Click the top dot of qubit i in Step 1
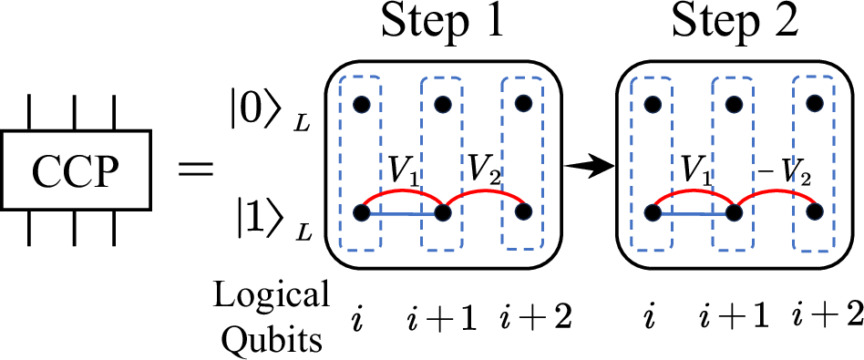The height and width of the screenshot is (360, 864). pos(362,102)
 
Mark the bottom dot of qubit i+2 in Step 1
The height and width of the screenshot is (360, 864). pos(523,212)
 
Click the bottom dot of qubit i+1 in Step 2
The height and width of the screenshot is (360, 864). pos(734,212)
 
